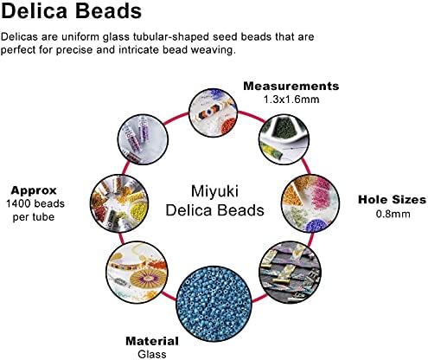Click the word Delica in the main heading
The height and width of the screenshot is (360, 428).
[x=35, y=10]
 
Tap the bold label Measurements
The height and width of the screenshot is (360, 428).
[x=291, y=86]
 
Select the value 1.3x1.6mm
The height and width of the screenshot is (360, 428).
[x=291, y=100]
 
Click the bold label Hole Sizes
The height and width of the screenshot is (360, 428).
[x=392, y=200]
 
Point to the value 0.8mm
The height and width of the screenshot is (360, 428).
[x=393, y=214]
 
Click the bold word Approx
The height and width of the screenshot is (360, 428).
[x=34, y=190]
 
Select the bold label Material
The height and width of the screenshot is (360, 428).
[x=152, y=341]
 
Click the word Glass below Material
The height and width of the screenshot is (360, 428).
[x=152, y=354]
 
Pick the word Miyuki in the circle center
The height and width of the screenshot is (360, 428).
[x=214, y=191]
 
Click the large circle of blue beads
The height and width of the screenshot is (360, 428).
[x=214, y=304]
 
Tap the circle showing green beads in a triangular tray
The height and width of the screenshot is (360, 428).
[x=284, y=139]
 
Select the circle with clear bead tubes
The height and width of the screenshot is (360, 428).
[x=144, y=139]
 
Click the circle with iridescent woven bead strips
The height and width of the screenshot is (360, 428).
[x=291, y=273]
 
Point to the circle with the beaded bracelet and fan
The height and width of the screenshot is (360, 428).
[x=137, y=273]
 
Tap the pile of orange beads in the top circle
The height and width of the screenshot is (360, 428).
[x=228, y=126]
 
